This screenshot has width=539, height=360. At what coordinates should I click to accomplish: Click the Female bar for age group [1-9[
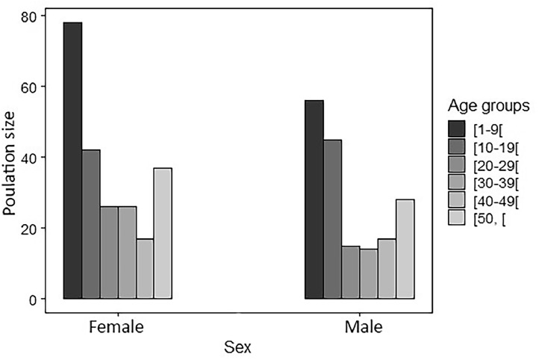pos(72,161)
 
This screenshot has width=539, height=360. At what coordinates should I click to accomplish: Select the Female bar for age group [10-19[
pos(90,224)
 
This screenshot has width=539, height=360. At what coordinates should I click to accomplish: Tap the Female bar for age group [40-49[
pos(145,269)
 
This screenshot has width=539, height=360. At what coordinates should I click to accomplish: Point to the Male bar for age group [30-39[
pos(369,274)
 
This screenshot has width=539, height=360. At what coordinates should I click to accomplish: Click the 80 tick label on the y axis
pos(34,16)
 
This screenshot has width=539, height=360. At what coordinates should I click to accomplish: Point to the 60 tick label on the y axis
pos(34,87)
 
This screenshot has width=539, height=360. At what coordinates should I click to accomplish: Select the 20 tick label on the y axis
pos(34,229)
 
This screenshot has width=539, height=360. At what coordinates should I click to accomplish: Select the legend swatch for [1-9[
pos(455,127)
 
